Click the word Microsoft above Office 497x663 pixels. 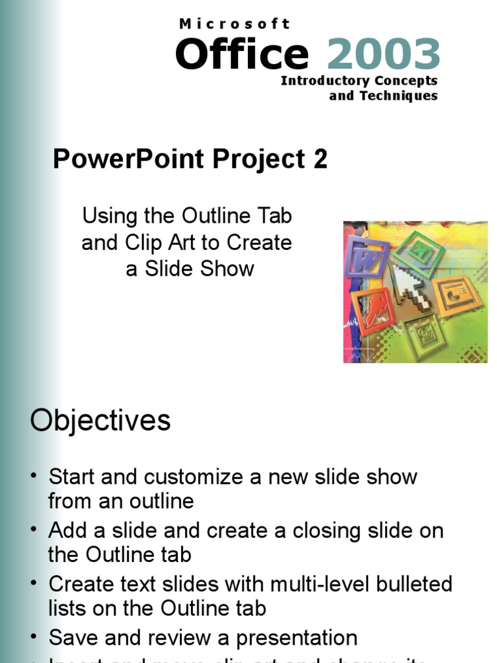click(x=234, y=24)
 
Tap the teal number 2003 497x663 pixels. click(x=383, y=54)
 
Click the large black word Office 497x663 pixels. click(x=241, y=54)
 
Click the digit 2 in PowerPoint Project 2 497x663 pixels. click(x=320, y=159)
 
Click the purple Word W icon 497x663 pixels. click(x=366, y=257)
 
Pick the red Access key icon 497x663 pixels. click(x=373, y=311)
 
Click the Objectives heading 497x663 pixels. click(x=100, y=421)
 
